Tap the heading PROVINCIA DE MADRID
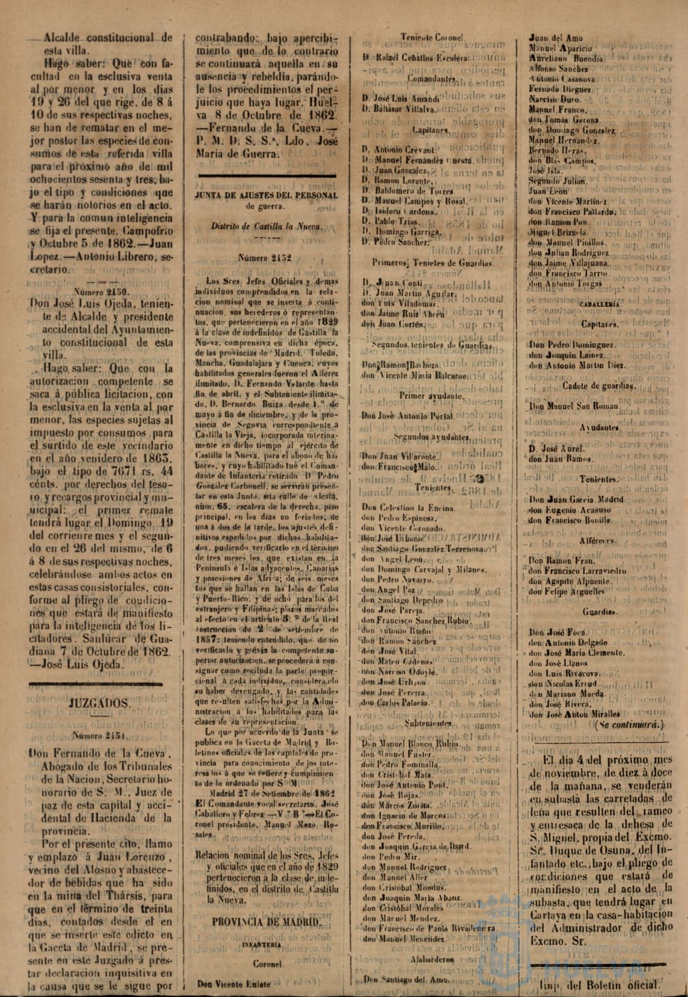coord(267,922)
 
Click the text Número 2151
coord(98,735)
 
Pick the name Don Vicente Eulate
coord(226,983)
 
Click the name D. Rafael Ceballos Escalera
coord(415,59)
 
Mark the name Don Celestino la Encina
coord(410,508)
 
